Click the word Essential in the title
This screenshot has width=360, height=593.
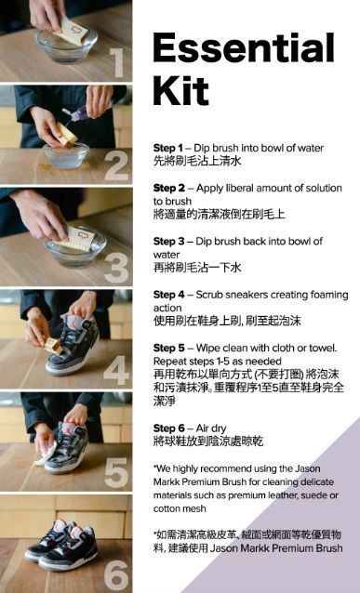tap(244, 47)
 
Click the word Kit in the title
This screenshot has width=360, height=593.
tap(180, 90)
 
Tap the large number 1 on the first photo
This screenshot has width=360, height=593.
tap(118, 63)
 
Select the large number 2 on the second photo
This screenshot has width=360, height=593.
tap(116, 166)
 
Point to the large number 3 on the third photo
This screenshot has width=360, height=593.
tap(116, 268)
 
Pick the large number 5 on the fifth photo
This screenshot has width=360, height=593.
tap(116, 473)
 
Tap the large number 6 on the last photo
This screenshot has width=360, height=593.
tap(116, 576)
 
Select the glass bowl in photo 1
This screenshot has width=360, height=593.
tap(66, 45)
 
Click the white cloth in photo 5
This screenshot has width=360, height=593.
tap(45, 453)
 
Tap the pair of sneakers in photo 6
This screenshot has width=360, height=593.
tap(61, 545)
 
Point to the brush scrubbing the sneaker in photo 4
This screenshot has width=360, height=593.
tap(53, 346)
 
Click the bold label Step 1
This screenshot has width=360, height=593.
tap(167, 148)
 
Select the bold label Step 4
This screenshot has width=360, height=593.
tap(168, 295)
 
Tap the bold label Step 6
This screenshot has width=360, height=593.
tap(168, 428)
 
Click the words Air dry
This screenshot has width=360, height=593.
tap(211, 428)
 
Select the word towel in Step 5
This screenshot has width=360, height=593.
tap(325, 348)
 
